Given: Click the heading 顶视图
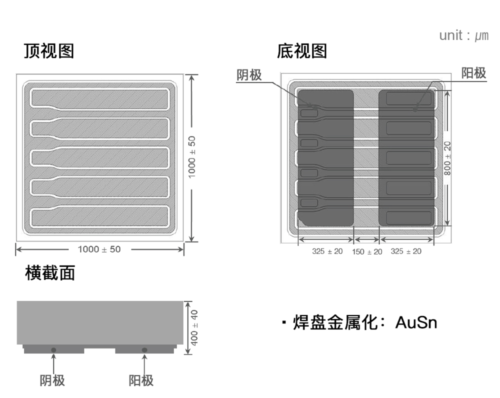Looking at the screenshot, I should coord(49,51).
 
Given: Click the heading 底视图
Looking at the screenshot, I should coord(302,51).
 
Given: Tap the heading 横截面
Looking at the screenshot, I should coord(50,273).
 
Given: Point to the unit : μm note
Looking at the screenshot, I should coord(463,36).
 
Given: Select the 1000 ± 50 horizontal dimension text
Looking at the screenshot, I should coord(99,249).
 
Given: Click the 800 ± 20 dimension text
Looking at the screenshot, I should coord(447,158).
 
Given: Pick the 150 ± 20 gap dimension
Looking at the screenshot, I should coord(366,251).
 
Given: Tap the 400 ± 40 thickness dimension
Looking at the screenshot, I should coord(194,327).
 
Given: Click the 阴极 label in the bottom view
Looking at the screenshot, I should coord(249,75).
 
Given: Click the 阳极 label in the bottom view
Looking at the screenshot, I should coord(473,73).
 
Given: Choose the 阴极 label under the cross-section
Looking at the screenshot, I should coord(52,380).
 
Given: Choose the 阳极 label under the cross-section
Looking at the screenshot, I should coord(141,380).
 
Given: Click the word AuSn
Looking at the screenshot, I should coord(416,322).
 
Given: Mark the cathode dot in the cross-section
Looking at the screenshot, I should coord(53,349).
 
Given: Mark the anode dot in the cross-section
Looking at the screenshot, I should coord(144,349).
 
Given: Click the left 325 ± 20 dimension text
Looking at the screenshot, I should coord(327,251).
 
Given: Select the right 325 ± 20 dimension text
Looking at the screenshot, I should coord(405,251).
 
